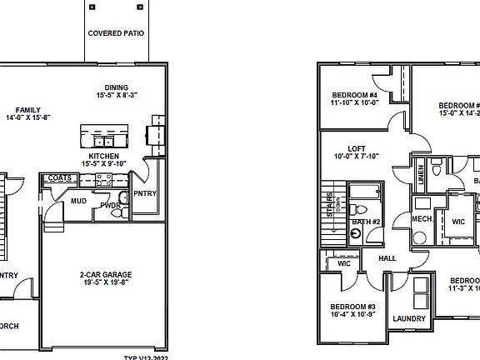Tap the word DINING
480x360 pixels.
tap(116, 87)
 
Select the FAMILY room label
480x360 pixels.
tap(28, 109)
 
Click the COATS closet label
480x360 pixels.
tap(59, 178)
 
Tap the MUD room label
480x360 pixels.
tap(78, 201)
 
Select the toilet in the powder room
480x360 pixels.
tap(122, 198)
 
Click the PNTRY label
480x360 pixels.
tap(156, 194)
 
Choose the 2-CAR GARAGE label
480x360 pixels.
tap(106, 274)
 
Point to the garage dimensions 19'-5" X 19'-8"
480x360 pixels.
tap(106, 282)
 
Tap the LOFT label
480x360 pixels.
tap(344, 147)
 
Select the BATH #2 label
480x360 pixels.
tap(366, 222)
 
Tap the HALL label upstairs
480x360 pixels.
tap(387, 258)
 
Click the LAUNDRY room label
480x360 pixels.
tap(409, 318)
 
